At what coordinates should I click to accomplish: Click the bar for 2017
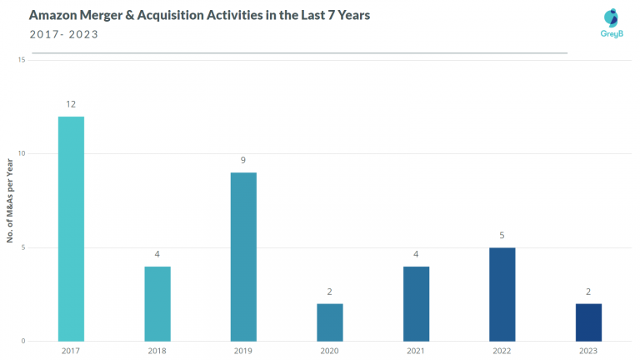click(71, 228)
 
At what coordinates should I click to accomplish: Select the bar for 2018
click(157, 303)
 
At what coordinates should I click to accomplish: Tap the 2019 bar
click(243, 257)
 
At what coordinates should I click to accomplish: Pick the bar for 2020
click(329, 322)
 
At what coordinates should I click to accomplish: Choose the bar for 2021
click(416, 303)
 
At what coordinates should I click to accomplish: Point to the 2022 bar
click(502, 294)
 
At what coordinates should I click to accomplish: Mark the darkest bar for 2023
click(588, 322)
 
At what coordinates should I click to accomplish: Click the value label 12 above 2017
click(71, 104)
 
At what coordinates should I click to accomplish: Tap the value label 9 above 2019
click(243, 160)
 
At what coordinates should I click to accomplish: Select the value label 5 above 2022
click(502, 235)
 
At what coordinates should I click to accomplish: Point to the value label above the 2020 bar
click(329, 292)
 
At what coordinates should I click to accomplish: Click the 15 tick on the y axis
click(21, 60)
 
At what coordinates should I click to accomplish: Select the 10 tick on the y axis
click(21, 153)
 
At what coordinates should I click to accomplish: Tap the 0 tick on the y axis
click(23, 341)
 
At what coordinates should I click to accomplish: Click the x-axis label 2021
click(416, 351)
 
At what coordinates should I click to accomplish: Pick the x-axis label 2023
click(588, 351)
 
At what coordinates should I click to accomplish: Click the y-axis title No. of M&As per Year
click(10, 201)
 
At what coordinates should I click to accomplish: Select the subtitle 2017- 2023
click(63, 34)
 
